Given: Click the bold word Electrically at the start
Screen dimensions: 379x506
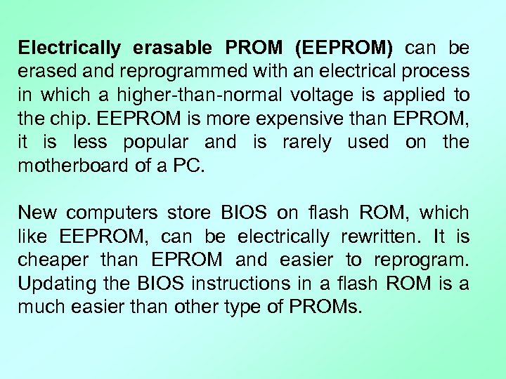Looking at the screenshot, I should (70, 48).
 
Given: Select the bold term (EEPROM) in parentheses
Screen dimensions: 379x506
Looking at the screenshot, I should (344, 48).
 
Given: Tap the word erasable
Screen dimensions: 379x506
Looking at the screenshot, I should (171, 48).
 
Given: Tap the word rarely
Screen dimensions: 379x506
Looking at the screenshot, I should (306, 142).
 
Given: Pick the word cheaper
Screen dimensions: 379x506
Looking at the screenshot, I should (53, 260).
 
